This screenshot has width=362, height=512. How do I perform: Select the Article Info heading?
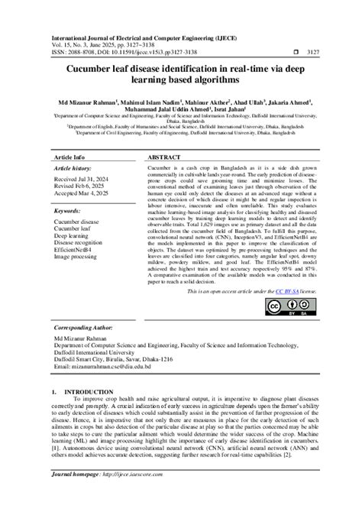pos(69,157)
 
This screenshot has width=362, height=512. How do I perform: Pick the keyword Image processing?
pos(79,258)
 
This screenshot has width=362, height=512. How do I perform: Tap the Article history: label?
pos(74,169)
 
